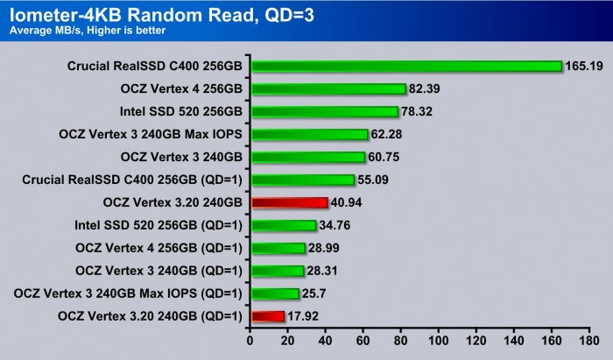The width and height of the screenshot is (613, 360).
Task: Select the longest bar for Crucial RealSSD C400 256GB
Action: [x=406, y=66]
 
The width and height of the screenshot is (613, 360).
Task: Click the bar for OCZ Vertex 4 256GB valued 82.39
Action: [x=328, y=88]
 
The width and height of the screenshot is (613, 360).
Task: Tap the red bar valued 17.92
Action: [x=268, y=315]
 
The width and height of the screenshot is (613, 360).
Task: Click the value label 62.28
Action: [x=388, y=134]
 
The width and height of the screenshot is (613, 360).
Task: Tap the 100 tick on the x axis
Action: [x=439, y=342]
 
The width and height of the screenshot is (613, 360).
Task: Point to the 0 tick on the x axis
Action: [x=250, y=342]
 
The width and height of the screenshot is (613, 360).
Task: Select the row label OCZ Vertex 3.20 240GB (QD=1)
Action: [x=148, y=315]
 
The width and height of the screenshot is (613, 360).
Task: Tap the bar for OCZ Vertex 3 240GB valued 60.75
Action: [x=307, y=157]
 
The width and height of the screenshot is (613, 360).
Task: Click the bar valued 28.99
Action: [x=278, y=248]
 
